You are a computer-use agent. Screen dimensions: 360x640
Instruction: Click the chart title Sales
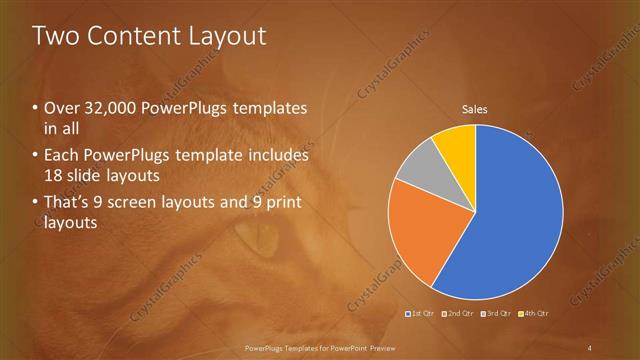[x=474, y=109]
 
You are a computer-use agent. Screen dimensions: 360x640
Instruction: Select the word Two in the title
[x=54, y=36]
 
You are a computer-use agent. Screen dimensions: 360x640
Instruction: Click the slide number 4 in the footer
[x=589, y=347]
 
